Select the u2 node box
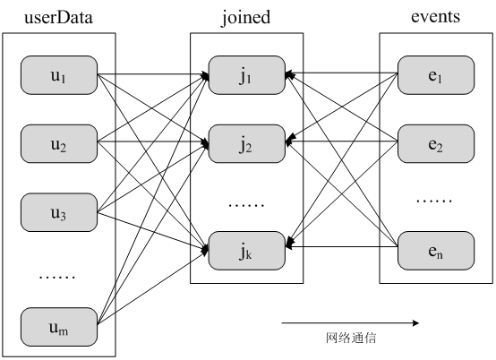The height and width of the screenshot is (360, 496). tap(58, 145)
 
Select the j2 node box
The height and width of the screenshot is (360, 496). tap(246, 145)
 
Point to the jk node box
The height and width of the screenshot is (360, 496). tap(246, 251)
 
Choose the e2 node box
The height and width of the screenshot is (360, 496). tap(435, 145)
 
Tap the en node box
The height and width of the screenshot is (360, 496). tap(435, 251)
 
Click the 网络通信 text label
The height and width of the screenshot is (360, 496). tap(350, 339)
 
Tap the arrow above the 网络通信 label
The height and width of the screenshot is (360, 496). tap(350, 322)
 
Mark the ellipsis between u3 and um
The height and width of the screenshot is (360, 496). tap(57, 276)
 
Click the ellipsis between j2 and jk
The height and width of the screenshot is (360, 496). tap(246, 203)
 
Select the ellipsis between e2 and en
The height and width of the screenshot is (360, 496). tap(435, 200)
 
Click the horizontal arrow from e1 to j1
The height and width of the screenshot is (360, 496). tap(341, 74)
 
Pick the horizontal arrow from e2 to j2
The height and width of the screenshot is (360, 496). tap(341, 141)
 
